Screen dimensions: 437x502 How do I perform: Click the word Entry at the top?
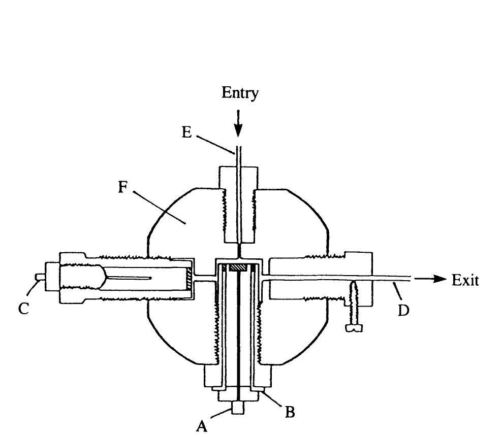click(240, 93)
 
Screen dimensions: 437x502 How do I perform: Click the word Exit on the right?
click(465, 280)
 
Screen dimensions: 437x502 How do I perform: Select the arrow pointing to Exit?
click(430, 279)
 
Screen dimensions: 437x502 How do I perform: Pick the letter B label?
click(290, 412)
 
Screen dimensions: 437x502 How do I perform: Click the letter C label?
click(24, 309)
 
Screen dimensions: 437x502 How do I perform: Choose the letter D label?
click(403, 310)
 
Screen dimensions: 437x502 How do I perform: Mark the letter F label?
click(122, 187)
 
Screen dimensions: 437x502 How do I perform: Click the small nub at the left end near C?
click(39, 277)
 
